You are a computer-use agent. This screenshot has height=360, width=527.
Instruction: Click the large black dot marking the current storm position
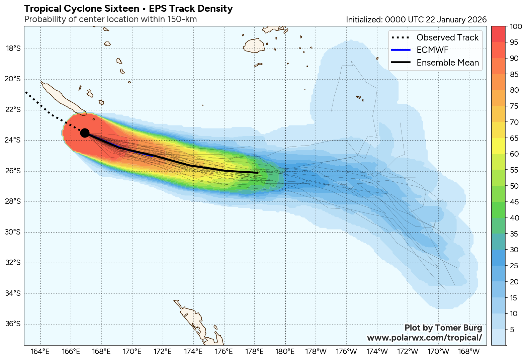tap(85, 133)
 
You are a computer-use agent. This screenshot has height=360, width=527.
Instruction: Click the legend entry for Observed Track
tap(447, 37)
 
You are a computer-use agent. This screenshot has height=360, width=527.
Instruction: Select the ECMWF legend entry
tap(432, 50)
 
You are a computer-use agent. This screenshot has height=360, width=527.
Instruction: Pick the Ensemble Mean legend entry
tap(447, 63)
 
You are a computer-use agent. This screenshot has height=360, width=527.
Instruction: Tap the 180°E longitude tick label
tap(285, 352)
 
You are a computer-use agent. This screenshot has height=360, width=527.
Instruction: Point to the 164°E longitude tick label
tap(40, 352)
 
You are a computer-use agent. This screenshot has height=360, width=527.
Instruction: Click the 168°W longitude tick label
tap(469, 352)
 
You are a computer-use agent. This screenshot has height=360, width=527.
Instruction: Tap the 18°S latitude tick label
tap(13, 49)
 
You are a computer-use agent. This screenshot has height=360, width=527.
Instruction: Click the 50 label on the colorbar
tap(514, 186)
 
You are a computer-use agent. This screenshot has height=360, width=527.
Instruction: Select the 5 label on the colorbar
tap(512, 330)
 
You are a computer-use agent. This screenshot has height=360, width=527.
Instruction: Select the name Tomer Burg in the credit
tap(459, 328)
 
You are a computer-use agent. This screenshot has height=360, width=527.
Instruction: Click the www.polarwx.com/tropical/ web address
tap(424, 338)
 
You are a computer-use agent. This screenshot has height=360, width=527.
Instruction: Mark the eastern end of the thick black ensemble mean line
tap(258, 173)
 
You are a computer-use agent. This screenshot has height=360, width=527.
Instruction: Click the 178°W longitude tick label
tap(316, 352)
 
